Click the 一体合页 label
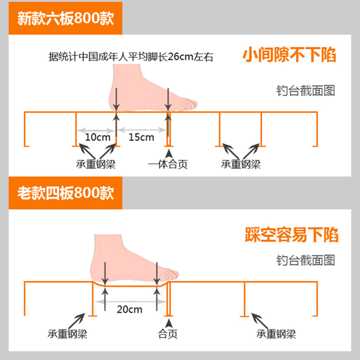[x=168, y=164]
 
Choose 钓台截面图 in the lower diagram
[x=306, y=260]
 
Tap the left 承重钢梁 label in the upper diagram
[x=96, y=164]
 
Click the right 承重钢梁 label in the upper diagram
[x=241, y=164]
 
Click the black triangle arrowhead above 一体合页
[x=169, y=154]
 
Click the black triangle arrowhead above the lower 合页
[x=169, y=323]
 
